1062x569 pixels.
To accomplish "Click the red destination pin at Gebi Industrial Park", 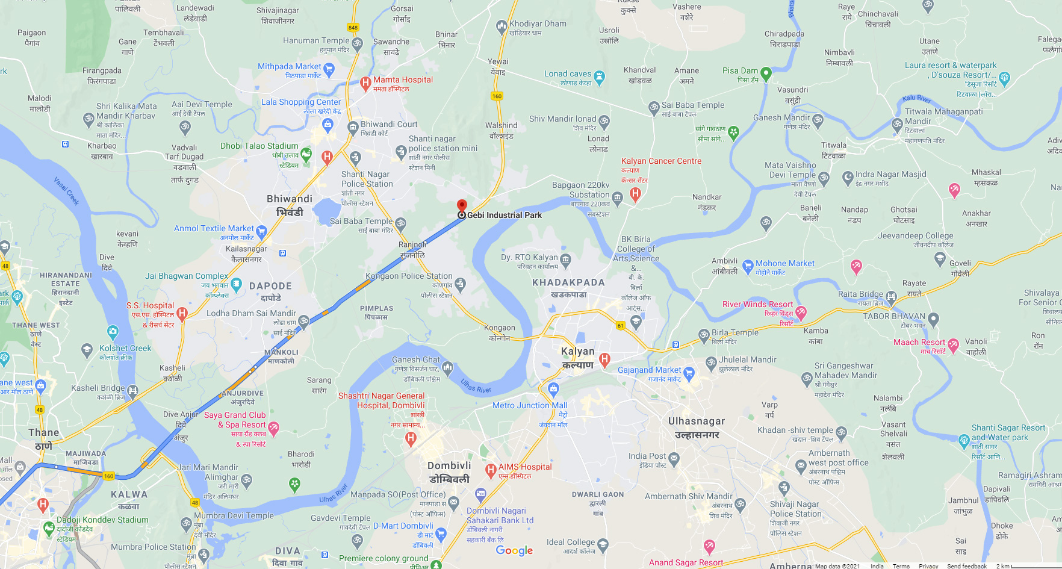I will coord(462,206).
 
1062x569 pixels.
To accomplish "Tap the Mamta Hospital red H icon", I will coord(365,83).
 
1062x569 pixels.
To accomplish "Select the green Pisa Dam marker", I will coord(766,73).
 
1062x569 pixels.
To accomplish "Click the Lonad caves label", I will coord(568,74).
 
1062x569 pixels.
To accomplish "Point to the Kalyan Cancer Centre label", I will coord(661,161).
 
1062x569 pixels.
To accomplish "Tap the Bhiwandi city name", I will coord(290,199).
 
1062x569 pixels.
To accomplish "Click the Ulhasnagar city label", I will coord(697,421).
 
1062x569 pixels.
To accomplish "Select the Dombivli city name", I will coord(449,466).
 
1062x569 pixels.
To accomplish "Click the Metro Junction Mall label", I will coord(530,406).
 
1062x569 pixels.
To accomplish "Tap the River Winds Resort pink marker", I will coord(801,312).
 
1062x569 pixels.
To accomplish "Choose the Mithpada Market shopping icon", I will coord(329,69).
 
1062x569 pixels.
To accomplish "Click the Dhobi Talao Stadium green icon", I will coord(306,154).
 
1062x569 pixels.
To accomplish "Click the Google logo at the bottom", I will coord(514,550).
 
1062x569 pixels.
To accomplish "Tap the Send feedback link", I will coord(966,566).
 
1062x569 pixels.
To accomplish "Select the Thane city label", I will coord(44,433).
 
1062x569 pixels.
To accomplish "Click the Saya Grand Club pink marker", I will coord(273,428).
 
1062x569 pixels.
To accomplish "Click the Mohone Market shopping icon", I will coord(748,265).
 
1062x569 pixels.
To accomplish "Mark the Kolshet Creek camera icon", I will coord(113,331).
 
